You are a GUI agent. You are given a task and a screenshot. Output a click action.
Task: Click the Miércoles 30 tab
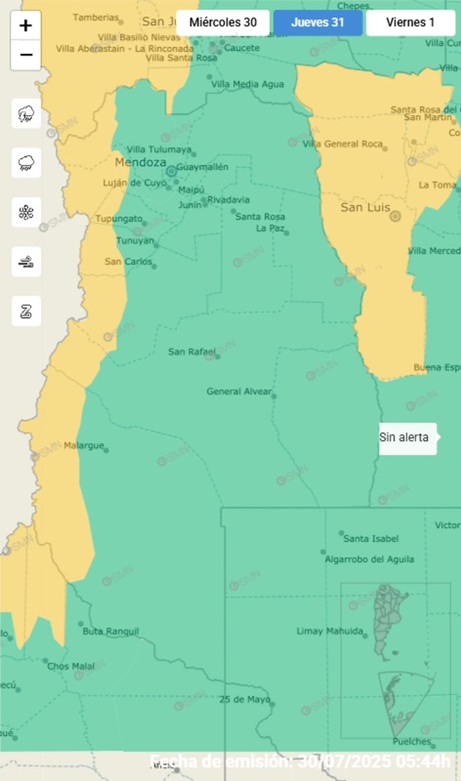(x=223, y=23)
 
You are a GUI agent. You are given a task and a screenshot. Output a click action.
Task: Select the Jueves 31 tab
(x=318, y=23)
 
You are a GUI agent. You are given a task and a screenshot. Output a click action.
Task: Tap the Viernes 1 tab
(x=410, y=23)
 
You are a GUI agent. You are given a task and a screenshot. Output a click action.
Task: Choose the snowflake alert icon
(x=26, y=212)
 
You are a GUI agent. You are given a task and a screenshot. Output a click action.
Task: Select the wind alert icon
(x=26, y=262)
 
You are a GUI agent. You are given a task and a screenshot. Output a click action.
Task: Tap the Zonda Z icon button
(x=26, y=311)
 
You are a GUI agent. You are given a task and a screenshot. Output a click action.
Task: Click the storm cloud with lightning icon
(x=26, y=114)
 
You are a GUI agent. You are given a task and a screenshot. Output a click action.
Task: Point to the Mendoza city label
(x=141, y=162)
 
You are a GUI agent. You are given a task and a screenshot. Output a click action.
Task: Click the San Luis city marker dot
(x=395, y=217)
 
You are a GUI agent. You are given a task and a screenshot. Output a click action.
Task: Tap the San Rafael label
(x=191, y=352)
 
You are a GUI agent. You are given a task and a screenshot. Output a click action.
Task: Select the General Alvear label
(x=239, y=392)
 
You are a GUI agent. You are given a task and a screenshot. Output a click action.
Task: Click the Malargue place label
(x=84, y=446)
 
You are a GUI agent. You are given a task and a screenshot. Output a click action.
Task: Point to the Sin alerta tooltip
(x=407, y=438)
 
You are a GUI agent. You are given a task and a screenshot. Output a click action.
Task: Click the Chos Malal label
(x=71, y=666)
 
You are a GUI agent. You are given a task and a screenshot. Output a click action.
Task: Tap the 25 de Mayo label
(x=245, y=700)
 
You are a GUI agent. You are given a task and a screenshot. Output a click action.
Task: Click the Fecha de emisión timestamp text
(x=300, y=761)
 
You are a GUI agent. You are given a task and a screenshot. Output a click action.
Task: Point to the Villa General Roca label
(x=342, y=144)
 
